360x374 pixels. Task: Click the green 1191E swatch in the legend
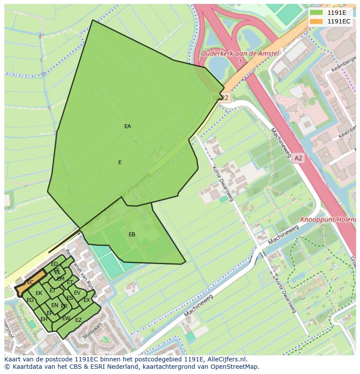[x=316, y=13]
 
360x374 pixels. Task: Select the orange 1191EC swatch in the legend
[x=316, y=21]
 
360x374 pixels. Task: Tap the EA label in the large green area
[x=127, y=126]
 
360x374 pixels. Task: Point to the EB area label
[x=132, y=235]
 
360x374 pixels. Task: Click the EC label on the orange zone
[x=30, y=282]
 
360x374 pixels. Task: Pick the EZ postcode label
[x=78, y=320]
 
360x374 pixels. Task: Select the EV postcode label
[x=77, y=293]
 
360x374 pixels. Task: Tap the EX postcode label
[x=87, y=300]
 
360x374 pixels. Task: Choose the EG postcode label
[x=30, y=300]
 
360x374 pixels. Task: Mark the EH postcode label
[x=43, y=319]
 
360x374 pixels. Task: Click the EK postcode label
[x=39, y=293]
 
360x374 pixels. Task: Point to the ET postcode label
[x=70, y=283]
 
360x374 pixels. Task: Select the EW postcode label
[x=66, y=318]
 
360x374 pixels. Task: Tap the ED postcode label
[x=54, y=264]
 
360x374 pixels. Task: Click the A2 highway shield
[x=297, y=159]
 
